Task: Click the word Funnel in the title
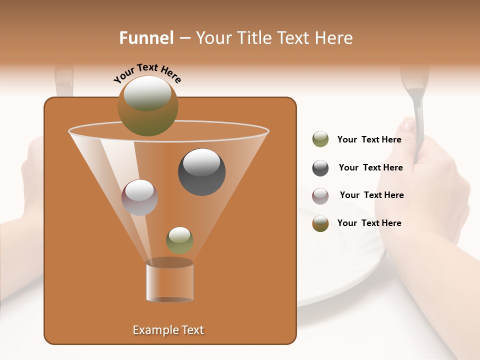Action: click(146, 38)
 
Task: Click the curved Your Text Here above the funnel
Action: click(147, 73)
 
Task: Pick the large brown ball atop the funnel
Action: click(147, 105)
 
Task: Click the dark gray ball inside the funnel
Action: click(201, 172)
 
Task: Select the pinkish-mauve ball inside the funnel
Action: click(139, 197)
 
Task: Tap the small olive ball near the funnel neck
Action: click(179, 240)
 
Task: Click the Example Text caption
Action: click(168, 330)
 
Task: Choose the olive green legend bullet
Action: click(320, 139)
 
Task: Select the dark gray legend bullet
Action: click(320, 168)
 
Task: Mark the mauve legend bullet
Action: click(320, 195)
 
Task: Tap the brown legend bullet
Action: click(320, 223)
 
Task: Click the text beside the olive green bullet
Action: click(369, 140)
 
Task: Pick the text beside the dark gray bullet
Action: click(370, 168)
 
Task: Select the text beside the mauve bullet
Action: click(371, 195)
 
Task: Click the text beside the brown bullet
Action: click(369, 223)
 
